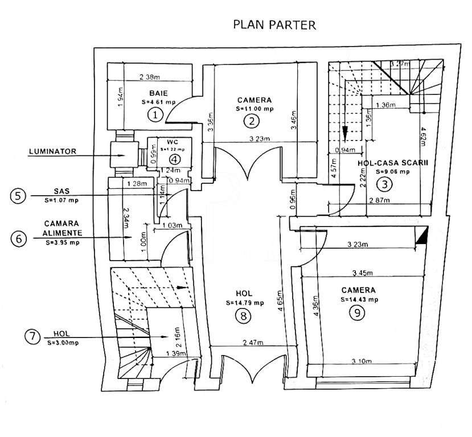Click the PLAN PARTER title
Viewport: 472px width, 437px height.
(x=274, y=25)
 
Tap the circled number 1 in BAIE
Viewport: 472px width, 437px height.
(x=155, y=115)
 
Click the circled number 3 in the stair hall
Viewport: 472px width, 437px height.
(x=385, y=184)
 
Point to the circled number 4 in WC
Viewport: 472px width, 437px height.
(x=176, y=159)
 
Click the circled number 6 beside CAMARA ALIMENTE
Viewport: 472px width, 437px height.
(x=19, y=238)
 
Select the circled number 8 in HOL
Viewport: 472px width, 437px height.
(x=244, y=316)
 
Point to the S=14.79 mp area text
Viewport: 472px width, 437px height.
(x=244, y=303)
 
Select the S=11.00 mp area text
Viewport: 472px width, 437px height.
(x=255, y=108)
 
